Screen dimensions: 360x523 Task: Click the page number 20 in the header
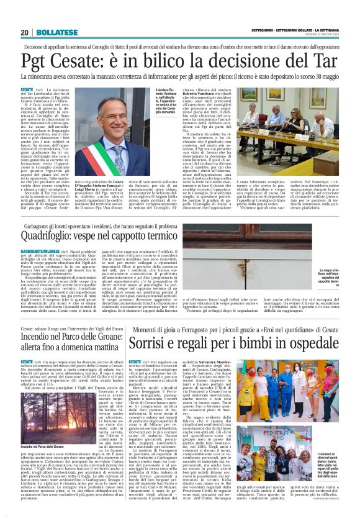click(25, 32)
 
